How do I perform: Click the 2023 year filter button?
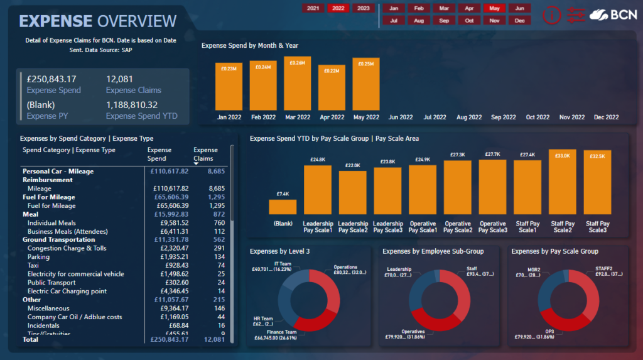pyautogui.click(x=363, y=8)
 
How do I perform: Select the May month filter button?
pyautogui.click(x=494, y=8)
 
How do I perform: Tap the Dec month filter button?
pyautogui.click(x=519, y=20)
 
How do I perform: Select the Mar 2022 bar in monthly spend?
pyautogui.click(x=297, y=84)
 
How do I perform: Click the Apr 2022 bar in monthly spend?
pyautogui.click(x=332, y=88)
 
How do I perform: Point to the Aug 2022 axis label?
pyautogui.click(x=469, y=117)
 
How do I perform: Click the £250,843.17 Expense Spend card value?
pyautogui.click(x=51, y=79)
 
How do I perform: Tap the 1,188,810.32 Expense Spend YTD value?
pyautogui.click(x=132, y=105)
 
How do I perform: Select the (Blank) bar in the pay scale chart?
pyautogui.click(x=283, y=207)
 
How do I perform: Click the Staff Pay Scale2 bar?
pyautogui.click(x=562, y=182)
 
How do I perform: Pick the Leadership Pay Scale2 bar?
pyautogui.click(x=353, y=192)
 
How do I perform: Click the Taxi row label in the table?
pyautogui.click(x=34, y=265)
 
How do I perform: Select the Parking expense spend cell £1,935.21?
pyautogui.click(x=171, y=257)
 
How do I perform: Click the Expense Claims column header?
pyautogui.click(x=205, y=154)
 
